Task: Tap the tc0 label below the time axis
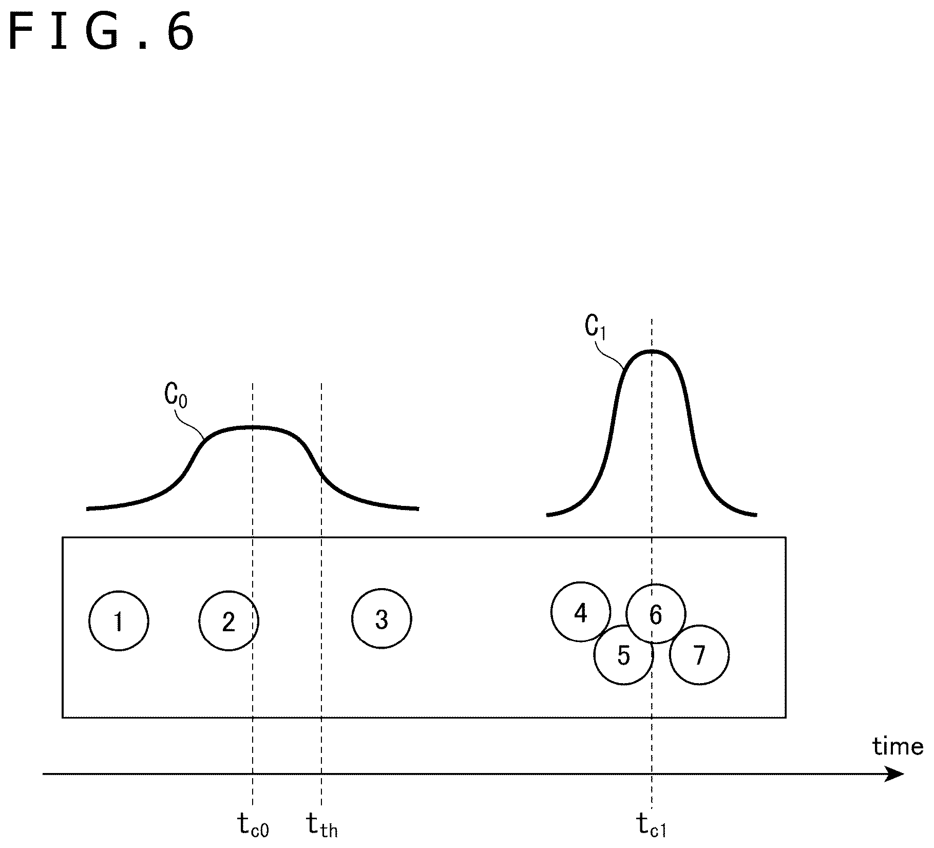click(253, 825)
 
